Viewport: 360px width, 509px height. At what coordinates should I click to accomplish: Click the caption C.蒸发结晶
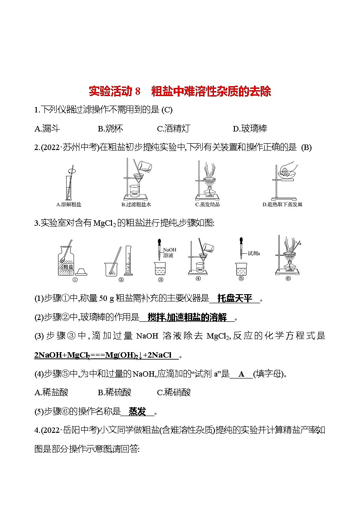(207, 204)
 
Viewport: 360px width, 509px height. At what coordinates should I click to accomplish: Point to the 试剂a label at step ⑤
(253, 253)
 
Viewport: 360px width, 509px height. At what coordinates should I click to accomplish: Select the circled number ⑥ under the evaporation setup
(287, 279)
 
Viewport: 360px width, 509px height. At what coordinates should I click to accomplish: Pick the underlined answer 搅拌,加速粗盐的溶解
(186, 317)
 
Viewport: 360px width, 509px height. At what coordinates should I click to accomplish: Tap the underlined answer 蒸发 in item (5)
(137, 412)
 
